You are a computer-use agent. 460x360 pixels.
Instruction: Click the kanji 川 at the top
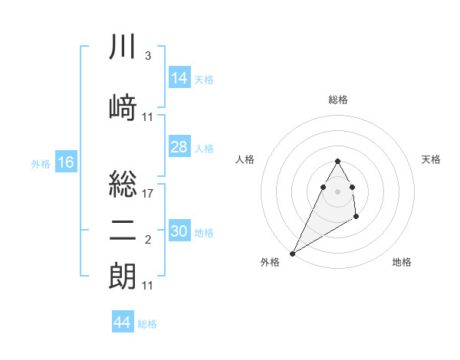click(123, 47)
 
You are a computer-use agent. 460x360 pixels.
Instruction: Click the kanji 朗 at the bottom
click(123, 277)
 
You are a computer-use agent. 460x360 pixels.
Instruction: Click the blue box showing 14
click(179, 78)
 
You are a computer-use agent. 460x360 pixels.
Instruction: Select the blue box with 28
click(179, 147)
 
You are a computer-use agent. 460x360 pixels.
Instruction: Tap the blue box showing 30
click(179, 231)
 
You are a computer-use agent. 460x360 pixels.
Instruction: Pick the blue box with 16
click(66, 162)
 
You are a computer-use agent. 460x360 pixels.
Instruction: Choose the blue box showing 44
click(122, 322)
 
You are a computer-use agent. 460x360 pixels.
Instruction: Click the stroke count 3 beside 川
click(147, 56)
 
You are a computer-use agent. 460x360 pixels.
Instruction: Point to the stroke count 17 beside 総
click(149, 194)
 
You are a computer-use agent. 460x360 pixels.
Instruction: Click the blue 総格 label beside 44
click(147, 324)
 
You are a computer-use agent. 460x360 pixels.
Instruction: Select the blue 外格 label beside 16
click(41, 164)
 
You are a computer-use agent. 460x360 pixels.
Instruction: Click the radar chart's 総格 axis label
click(337, 100)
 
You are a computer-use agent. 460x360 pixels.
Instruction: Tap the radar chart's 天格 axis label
click(432, 159)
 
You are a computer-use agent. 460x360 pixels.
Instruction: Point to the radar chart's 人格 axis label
click(245, 159)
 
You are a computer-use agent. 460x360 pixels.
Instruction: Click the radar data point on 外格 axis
click(292, 253)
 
